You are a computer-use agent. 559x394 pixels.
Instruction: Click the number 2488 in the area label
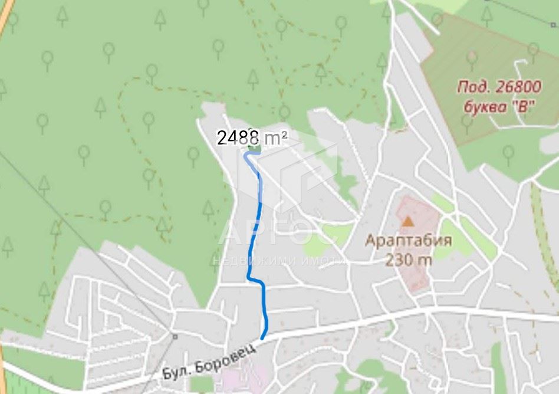[x=238, y=138]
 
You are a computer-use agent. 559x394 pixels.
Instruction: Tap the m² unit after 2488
[x=275, y=138]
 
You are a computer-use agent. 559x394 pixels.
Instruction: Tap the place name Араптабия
[x=408, y=241]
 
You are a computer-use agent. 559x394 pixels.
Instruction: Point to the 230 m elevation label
[x=408, y=259]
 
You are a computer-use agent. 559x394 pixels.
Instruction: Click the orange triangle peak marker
[x=408, y=221]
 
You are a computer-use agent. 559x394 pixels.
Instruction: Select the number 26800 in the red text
[x=517, y=88]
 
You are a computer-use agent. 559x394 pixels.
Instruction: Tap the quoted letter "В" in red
[x=519, y=107]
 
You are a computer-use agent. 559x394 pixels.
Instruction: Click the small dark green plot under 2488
[x=254, y=149]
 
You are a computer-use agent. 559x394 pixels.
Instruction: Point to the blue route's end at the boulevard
[x=262, y=337]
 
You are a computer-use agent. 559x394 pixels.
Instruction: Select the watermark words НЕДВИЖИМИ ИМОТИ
[x=277, y=260]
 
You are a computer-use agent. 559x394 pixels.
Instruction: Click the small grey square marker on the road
[x=175, y=336]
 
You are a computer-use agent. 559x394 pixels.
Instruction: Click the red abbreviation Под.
[x=472, y=88]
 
